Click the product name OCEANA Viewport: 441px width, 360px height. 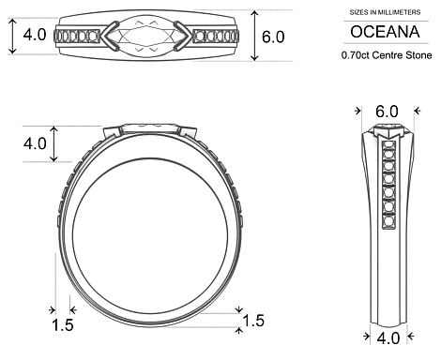pyautogui.click(x=387, y=33)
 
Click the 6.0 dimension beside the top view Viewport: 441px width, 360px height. pyautogui.click(x=274, y=37)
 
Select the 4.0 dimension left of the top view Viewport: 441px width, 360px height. pyautogui.click(x=35, y=36)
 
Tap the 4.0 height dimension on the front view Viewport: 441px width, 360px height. pyautogui.click(x=35, y=143)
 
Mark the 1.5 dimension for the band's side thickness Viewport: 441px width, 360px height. pyautogui.click(x=62, y=324)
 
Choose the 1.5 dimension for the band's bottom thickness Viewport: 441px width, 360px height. pyautogui.click(x=253, y=322)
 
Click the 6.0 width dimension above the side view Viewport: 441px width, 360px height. pyautogui.click(x=387, y=112)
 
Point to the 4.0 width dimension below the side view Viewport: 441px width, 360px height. pyautogui.click(x=387, y=335)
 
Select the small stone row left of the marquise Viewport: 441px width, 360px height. pyautogui.click(x=78, y=37)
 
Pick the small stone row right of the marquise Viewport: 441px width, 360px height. pyautogui.click(x=219, y=37)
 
